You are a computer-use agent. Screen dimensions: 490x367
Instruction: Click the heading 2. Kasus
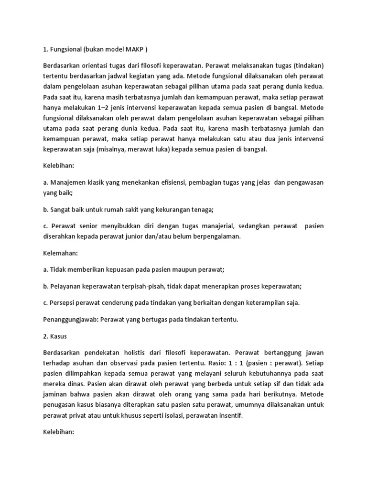click(54, 336)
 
